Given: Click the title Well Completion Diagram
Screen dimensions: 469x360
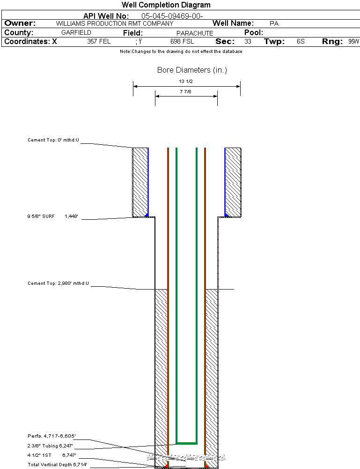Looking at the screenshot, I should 166,5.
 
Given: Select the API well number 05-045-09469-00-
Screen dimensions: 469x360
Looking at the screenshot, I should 172,16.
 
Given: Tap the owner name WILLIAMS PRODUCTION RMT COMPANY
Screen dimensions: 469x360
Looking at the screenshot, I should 114,23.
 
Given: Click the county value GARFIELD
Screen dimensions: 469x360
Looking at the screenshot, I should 76,33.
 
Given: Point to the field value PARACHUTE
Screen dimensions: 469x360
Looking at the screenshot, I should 195,33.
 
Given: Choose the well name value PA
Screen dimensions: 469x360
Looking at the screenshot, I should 274,23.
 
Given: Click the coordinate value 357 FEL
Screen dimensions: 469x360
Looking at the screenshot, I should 99,42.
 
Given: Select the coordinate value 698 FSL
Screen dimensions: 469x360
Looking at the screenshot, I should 182,42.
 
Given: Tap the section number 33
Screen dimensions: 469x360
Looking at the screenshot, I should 248,42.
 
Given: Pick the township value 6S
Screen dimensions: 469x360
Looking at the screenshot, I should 301,42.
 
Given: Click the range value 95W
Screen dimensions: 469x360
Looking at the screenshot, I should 353,42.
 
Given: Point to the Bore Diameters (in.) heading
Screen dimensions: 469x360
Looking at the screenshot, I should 192,70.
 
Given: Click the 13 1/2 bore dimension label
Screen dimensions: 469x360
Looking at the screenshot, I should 186,81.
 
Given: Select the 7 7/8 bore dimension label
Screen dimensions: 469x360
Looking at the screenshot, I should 186,92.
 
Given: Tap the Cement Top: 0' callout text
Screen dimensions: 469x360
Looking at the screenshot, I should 53,140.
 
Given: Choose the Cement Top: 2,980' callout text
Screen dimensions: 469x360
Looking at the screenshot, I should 58,283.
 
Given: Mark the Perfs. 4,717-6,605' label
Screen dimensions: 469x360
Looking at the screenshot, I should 51,436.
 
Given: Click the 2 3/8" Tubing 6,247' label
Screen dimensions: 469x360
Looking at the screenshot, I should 50,446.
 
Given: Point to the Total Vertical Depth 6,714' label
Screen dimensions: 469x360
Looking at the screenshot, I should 57,465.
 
